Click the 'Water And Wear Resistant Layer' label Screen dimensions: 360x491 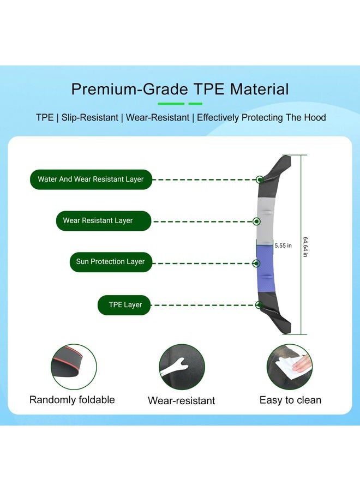click(91, 179)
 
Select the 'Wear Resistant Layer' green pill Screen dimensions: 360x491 click(104, 221)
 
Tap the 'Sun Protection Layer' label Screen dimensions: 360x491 click(111, 262)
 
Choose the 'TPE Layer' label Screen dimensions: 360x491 click(124, 305)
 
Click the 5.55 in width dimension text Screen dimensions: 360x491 click(283, 246)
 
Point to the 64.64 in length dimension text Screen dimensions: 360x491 click(305, 247)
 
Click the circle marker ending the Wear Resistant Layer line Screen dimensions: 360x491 click(257, 221)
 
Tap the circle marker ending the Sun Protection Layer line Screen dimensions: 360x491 click(256, 264)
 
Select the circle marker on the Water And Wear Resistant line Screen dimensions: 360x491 click(260, 179)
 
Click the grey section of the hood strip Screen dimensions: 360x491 click(266, 221)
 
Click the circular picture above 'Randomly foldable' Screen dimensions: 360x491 click(74, 367)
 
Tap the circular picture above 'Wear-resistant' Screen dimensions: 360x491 click(182, 367)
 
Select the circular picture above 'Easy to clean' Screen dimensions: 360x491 click(290, 367)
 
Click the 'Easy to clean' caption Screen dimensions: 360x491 click(291, 400)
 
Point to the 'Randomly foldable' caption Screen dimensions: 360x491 click(72, 400)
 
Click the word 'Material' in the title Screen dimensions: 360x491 click(259, 89)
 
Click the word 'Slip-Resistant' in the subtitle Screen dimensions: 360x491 click(90, 117)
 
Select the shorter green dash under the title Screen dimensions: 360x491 click(195, 103)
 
